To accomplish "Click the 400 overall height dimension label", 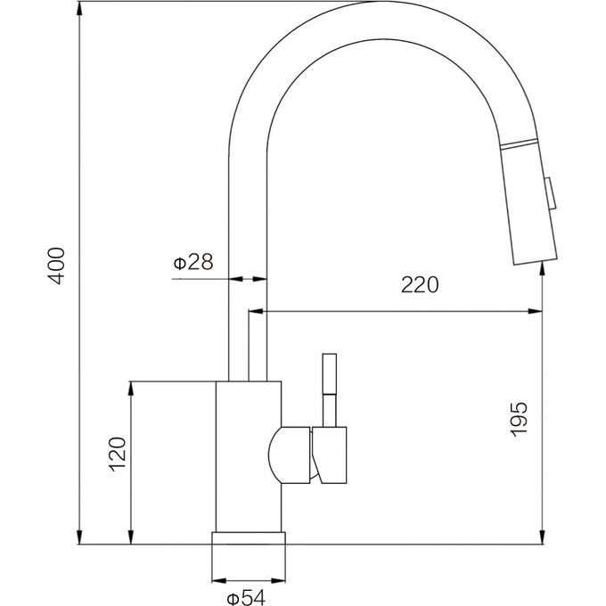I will click(56, 265).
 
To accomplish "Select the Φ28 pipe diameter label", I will click(193, 262).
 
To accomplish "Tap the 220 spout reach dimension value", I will click(420, 285).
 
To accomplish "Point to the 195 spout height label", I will click(520, 418).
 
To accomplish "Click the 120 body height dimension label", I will click(117, 455).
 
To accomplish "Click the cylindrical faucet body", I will click(248, 454).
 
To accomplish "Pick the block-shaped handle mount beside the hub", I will click(329, 454).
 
